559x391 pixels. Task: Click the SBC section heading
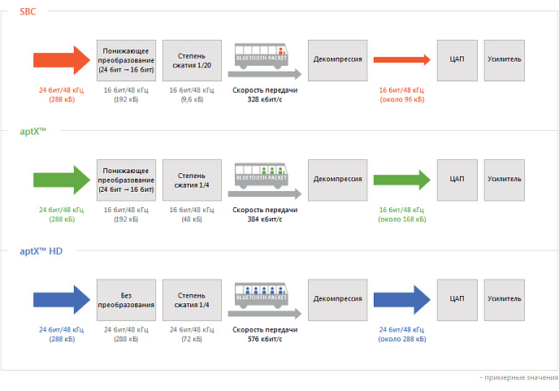(x=28, y=11)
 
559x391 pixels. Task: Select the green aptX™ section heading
(x=32, y=132)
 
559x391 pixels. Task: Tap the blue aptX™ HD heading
(x=41, y=251)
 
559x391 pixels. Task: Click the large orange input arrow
(x=62, y=60)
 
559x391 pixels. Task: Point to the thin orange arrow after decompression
(x=401, y=59)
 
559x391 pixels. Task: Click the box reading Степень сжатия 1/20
(x=192, y=60)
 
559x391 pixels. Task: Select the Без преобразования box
(x=126, y=300)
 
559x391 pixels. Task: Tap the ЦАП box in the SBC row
(x=457, y=60)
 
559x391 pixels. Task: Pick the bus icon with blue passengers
(x=262, y=296)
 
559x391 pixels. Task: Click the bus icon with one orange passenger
(x=262, y=56)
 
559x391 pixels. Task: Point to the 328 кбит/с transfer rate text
(x=265, y=99)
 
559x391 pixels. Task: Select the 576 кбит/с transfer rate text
(x=265, y=339)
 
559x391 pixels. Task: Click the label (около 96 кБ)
(x=401, y=99)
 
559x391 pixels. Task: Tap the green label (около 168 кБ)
(x=401, y=219)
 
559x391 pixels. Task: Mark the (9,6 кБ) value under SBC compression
(x=192, y=99)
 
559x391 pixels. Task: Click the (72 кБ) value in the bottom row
(x=192, y=339)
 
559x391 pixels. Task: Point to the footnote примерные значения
(x=521, y=377)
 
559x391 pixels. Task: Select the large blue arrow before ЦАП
(x=401, y=300)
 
